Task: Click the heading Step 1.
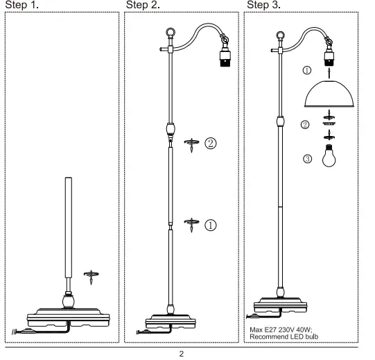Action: click(x=22, y=6)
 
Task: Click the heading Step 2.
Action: click(x=143, y=6)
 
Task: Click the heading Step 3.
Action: click(x=263, y=6)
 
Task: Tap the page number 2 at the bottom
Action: click(x=181, y=354)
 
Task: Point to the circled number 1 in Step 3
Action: click(x=306, y=71)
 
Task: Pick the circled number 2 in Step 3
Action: click(x=305, y=125)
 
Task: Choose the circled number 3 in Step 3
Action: click(x=306, y=160)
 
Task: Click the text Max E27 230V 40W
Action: click(x=281, y=330)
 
